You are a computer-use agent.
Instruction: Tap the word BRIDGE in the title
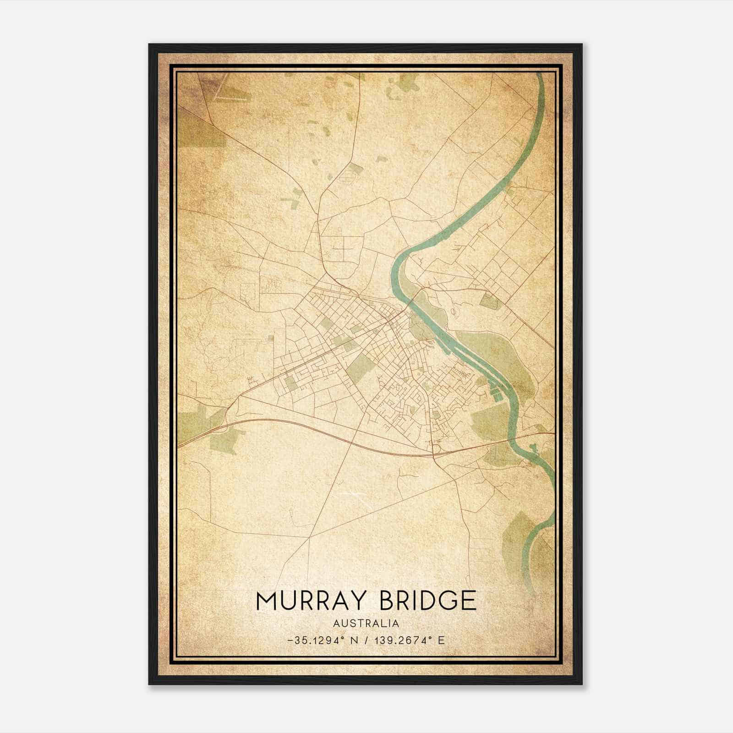[428, 601]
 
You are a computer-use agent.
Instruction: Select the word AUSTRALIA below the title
[366, 624]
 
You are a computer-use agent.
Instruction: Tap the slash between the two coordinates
[365, 640]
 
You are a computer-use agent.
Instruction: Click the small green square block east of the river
[489, 301]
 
